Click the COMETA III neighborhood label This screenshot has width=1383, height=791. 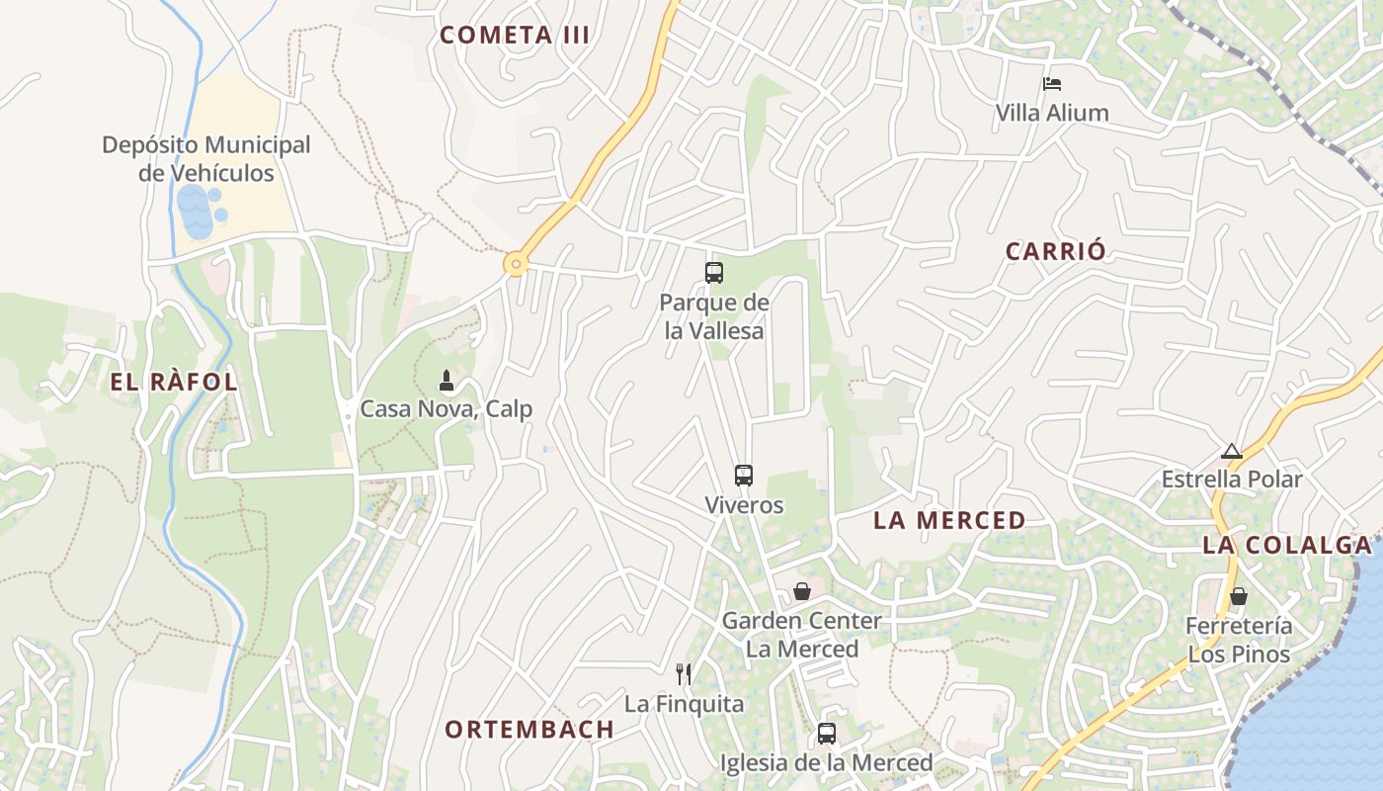pyautogui.click(x=515, y=36)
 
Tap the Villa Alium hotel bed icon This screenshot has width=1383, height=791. pyautogui.click(x=1052, y=84)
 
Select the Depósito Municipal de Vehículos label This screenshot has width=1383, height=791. pyautogui.click(x=205, y=158)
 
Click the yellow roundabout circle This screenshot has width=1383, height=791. pyautogui.click(x=515, y=264)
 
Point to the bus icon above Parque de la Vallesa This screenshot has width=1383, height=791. pyautogui.click(x=714, y=273)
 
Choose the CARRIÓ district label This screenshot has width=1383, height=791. pyautogui.click(x=1056, y=251)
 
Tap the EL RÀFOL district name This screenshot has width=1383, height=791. pyautogui.click(x=174, y=383)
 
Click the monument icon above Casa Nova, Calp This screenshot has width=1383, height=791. pyautogui.click(x=447, y=381)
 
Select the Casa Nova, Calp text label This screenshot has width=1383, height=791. pyautogui.click(x=446, y=408)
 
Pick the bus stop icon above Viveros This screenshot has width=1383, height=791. pyautogui.click(x=744, y=476)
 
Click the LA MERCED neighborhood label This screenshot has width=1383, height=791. pyautogui.click(x=949, y=520)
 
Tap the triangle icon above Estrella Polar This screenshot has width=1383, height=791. pyautogui.click(x=1231, y=452)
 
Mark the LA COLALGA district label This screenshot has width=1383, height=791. pyautogui.click(x=1287, y=545)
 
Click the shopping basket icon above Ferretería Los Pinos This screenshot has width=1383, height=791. pyautogui.click(x=1238, y=596)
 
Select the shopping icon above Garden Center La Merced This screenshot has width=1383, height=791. pyautogui.click(x=802, y=591)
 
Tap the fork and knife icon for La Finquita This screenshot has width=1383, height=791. pyautogui.click(x=684, y=674)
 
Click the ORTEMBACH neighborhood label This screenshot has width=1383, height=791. pyautogui.click(x=529, y=730)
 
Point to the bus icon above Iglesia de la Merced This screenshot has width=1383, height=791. pyautogui.click(x=827, y=734)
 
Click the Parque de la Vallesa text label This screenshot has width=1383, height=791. pyautogui.click(x=714, y=316)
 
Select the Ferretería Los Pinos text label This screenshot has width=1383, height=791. pyautogui.click(x=1239, y=640)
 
